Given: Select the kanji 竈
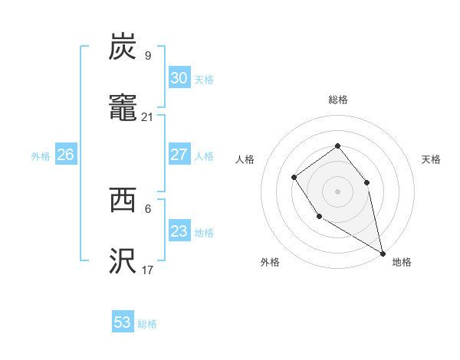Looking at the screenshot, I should (123, 109).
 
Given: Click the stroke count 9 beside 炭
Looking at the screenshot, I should (148, 55).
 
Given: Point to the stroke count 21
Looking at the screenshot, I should (148, 116).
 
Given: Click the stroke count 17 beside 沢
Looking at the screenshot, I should (148, 270).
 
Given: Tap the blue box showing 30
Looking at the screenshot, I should (179, 78).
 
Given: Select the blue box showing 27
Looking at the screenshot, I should (179, 155).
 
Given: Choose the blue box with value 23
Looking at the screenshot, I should (179, 231).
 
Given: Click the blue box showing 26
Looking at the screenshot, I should (65, 155).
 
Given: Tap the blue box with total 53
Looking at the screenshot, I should (123, 322).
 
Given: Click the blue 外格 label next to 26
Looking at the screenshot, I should (41, 156).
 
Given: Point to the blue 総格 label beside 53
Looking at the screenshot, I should (147, 324).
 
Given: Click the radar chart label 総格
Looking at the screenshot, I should (338, 100).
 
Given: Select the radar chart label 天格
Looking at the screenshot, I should (431, 159).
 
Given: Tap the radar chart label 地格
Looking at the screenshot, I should (402, 262).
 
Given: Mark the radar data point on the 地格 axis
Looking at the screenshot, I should (383, 253).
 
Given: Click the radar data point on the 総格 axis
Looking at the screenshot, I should (337, 146).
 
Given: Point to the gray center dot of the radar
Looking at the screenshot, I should (337, 191).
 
